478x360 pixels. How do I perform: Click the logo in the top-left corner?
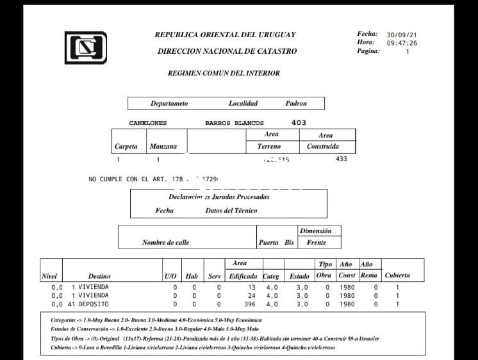85,47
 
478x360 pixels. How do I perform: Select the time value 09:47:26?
402,44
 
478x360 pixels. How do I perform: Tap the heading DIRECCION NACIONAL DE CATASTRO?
227,51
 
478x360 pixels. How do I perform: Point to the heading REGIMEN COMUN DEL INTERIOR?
224,73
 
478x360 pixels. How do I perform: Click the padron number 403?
299,122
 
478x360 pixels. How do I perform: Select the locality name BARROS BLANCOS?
234,123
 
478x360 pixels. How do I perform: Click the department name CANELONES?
147,123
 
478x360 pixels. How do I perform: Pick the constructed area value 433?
341,159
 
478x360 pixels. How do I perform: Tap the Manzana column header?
163,147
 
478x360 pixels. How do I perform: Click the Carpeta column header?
126,147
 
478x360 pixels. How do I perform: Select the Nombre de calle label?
165,243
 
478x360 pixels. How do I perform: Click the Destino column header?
99,276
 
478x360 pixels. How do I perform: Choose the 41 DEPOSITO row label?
90,304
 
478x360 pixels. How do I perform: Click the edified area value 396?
250,304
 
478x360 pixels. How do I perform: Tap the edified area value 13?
252,288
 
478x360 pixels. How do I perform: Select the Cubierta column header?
397,276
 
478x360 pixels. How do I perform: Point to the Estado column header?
299,276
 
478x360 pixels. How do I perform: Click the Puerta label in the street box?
268,243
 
